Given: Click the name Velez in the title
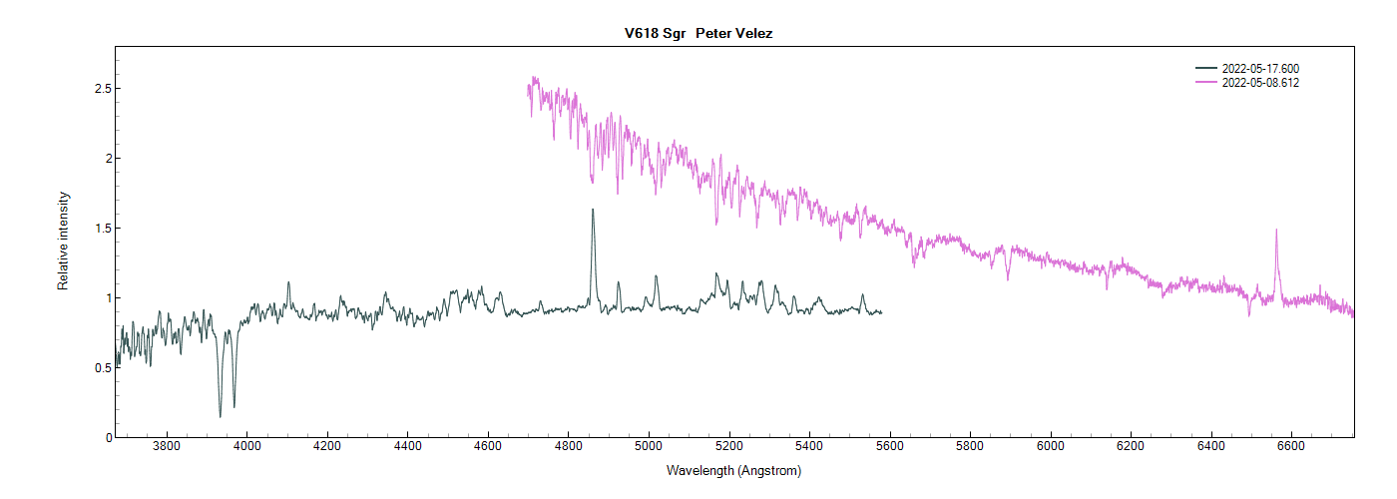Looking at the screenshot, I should pos(752,33).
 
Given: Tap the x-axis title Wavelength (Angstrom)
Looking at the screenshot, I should pos(733,470).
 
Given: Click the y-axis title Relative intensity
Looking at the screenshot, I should pos(63,241).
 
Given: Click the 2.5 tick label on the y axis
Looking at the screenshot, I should pos(100,89).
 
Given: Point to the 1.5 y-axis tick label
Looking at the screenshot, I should pos(100,229).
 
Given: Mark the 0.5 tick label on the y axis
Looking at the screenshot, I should pos(100,368).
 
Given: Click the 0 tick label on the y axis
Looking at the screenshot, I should pos(107,437).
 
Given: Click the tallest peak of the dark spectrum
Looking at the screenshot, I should pos(593,211).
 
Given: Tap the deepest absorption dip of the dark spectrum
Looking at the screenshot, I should pos(221,415).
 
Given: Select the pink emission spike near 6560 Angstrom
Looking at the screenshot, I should pos(1276,231).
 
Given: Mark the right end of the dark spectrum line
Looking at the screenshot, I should pos(881,312).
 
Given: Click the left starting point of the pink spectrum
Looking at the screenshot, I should pos(529,88).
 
